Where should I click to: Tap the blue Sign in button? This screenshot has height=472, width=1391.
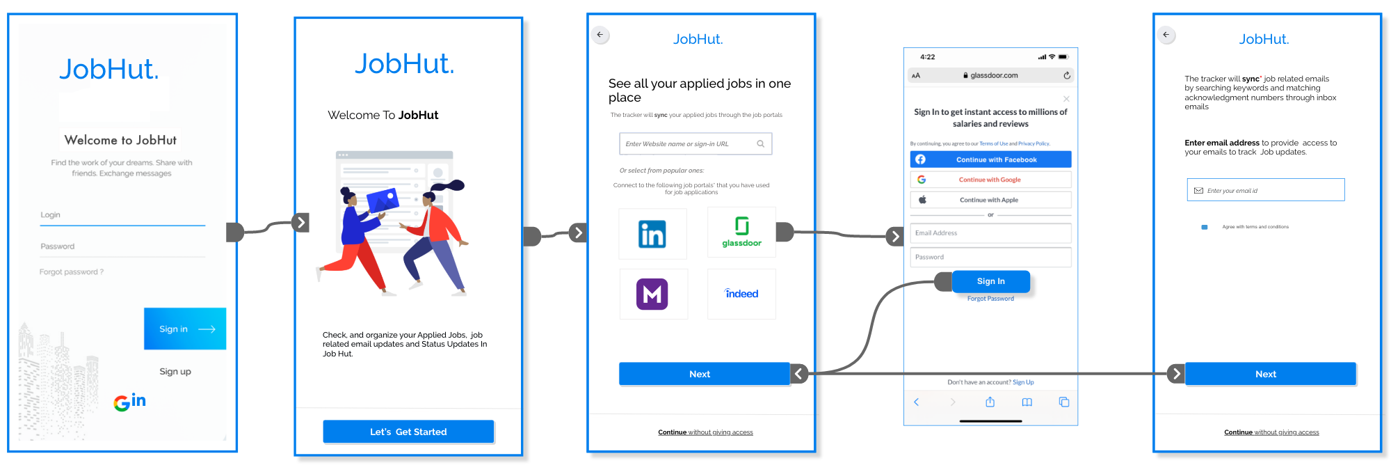click(x=184, y=329)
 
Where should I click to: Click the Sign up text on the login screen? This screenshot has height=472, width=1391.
click(x=175, y=372)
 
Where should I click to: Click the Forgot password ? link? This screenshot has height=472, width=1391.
click(x=72, y=272)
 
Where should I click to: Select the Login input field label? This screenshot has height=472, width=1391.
click(x=51, y=215)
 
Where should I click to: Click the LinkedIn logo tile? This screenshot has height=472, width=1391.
click(x=652, y=234)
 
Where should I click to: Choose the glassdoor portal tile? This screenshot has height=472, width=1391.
click(x=741, y=233)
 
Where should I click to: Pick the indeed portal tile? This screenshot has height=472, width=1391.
click(x=741, y=294)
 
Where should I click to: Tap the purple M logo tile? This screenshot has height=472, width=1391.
click(x=652, y=294)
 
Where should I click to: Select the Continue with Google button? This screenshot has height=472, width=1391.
click(x=990, y=180)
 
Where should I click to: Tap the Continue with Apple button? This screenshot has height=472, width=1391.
click(x=990, y=200)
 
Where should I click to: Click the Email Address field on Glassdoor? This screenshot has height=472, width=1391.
click(x=990, y=233)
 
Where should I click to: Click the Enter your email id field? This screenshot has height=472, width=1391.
click(x=1266, y=190)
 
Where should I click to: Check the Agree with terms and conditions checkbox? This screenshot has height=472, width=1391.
click(x=1205, y=227)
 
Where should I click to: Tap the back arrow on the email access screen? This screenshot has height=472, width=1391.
click(x=1166, y=35)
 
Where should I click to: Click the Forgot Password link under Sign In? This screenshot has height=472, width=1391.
click(x=990, y=299)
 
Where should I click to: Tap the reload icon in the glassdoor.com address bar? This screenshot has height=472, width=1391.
click(x=1067, y=75)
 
